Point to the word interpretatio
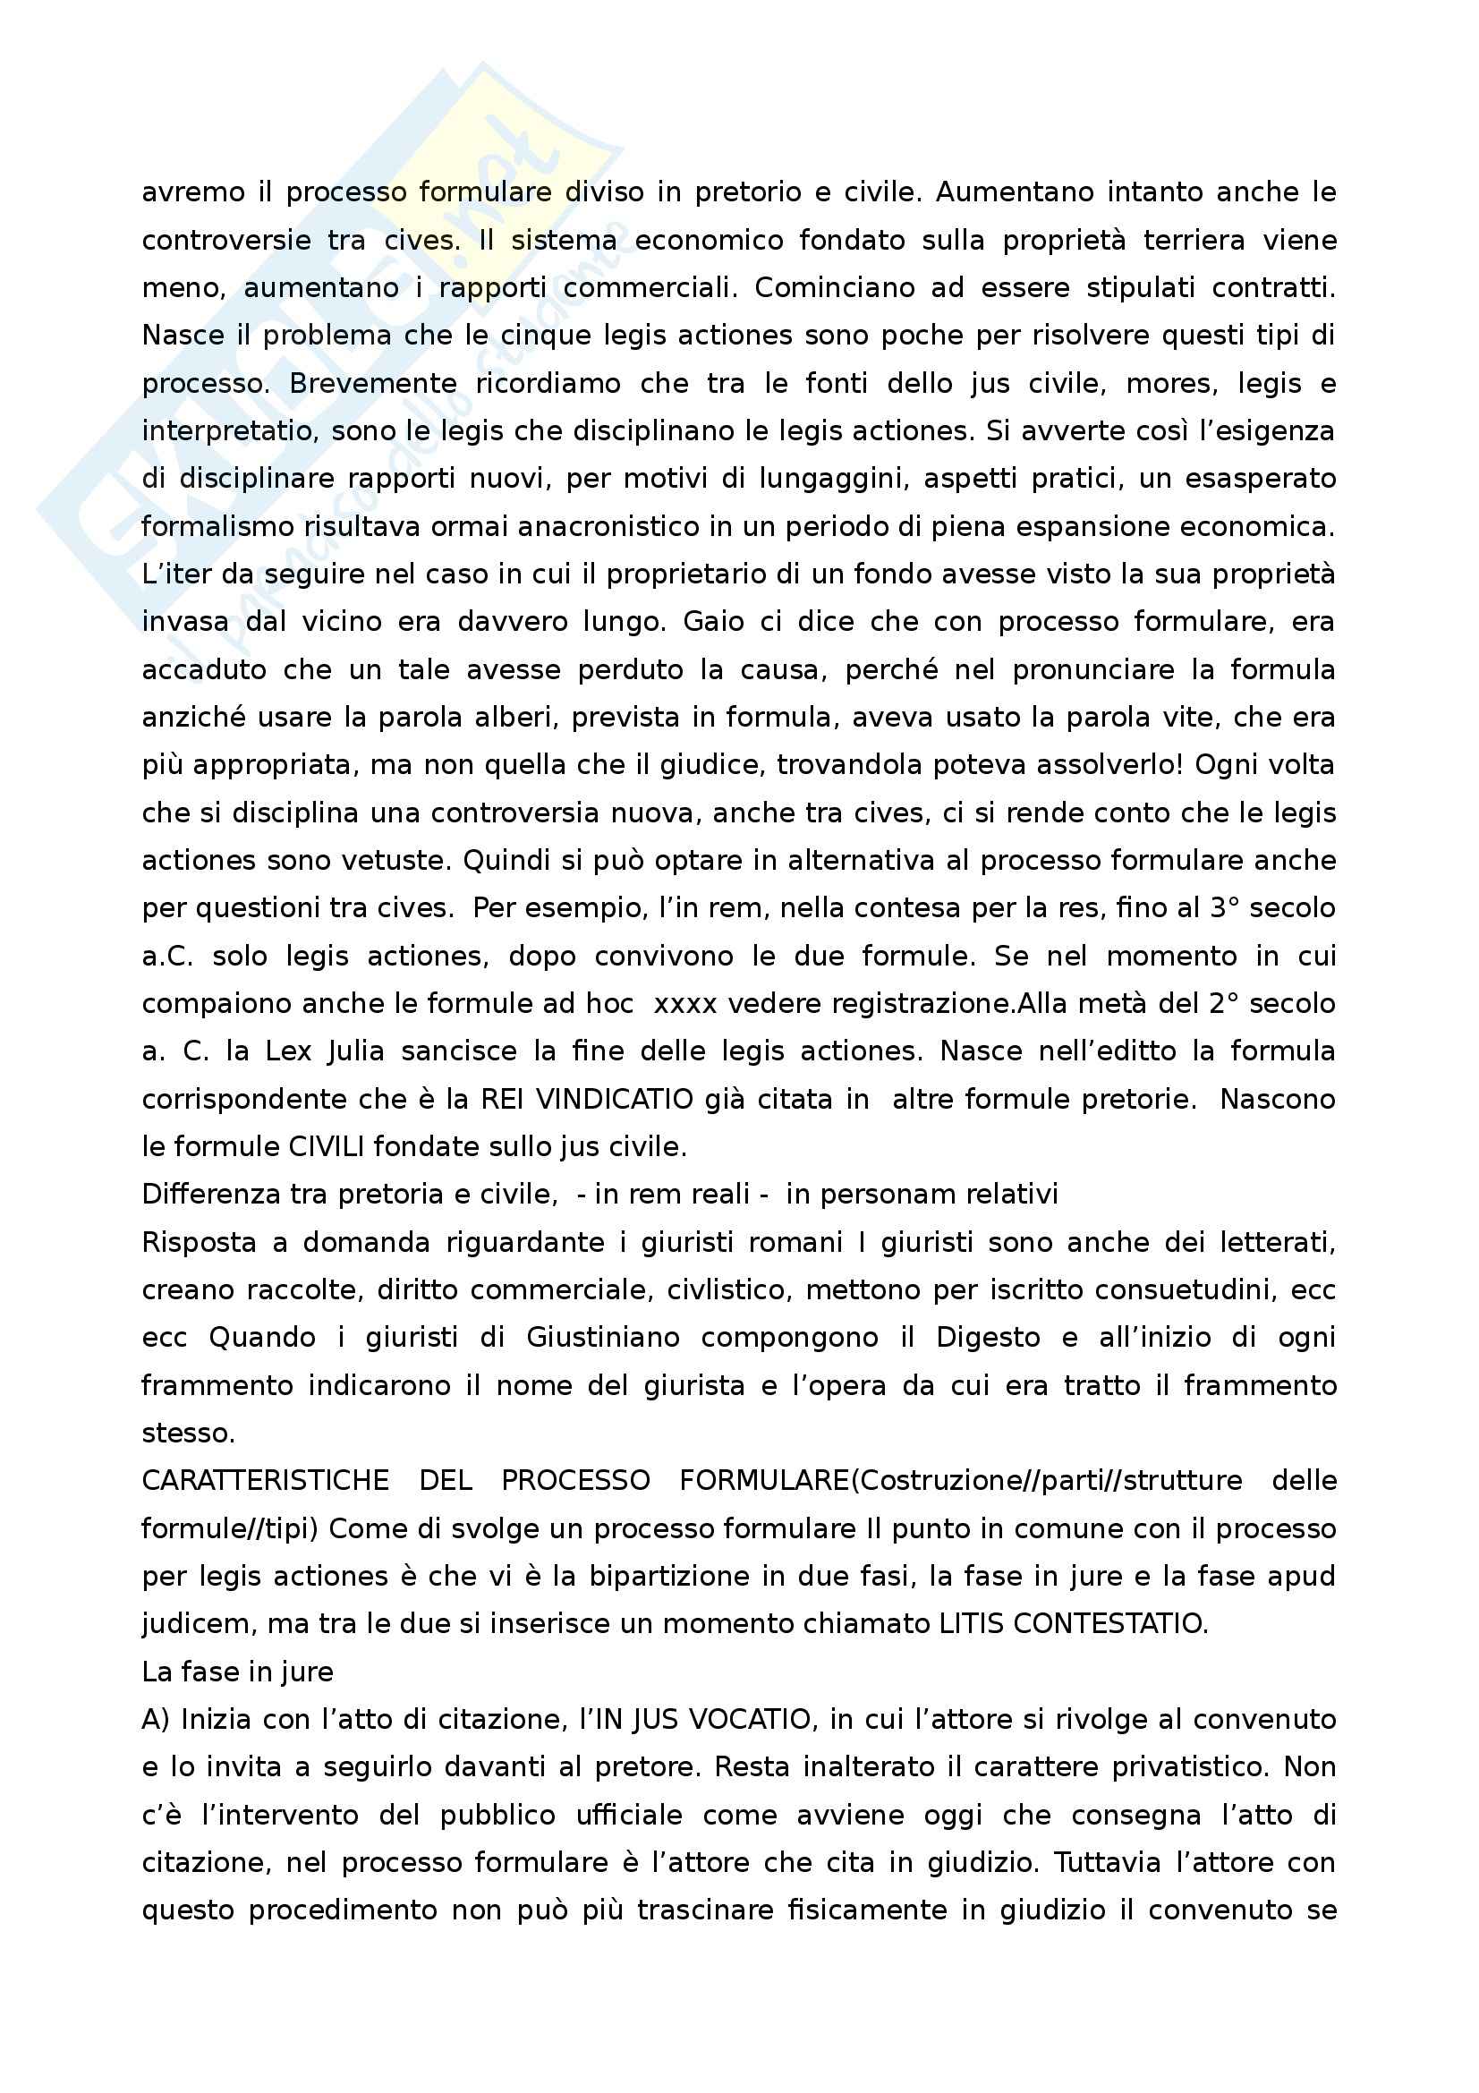tap(229, 431)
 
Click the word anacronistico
tap(629, 527)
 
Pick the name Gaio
tap(711, 623)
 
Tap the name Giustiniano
tap(603, 1337)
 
